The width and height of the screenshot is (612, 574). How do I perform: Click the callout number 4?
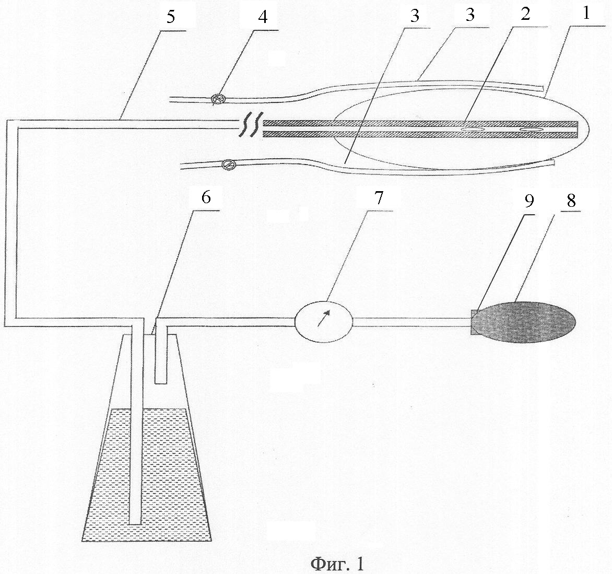tap(264, 17)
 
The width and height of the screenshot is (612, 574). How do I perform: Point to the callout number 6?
tap(206, 197)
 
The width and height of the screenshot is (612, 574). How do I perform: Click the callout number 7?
tap(379, 197)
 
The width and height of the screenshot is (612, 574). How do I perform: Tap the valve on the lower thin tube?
tap(228, 165)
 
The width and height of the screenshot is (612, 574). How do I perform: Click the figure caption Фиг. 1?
tap(337, 564)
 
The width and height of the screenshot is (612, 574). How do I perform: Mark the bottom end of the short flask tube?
tap(161, 383)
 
